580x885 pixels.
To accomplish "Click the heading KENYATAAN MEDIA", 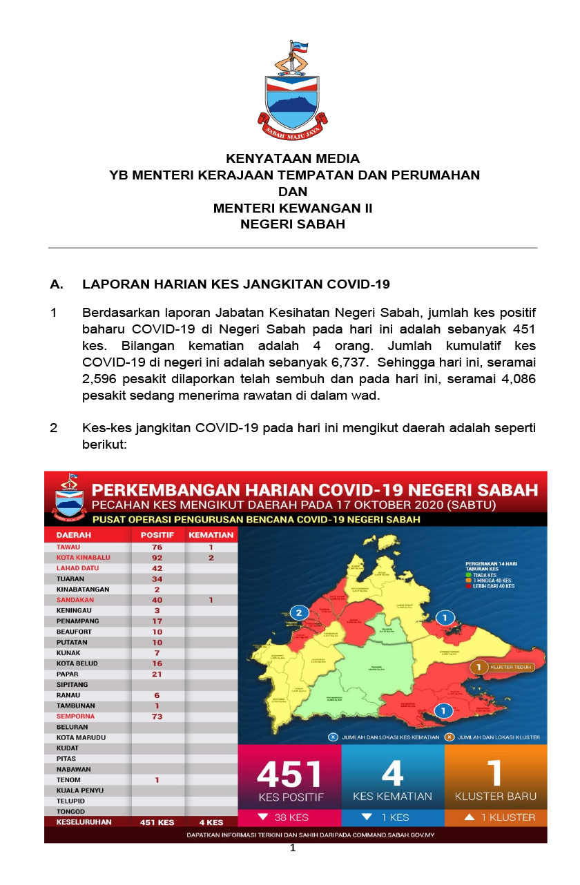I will click(x=293, y=159).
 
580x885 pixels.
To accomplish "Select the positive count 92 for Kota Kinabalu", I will click(x=157, y=557).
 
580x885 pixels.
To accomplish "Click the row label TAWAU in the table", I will click(x=69, y=547).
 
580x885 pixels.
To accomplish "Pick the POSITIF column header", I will click(x=157, y=534).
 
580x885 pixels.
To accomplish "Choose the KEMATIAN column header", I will click(x=211, y=534).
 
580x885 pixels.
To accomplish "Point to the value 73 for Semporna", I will click(x=157, y=717).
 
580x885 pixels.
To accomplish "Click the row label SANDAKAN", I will click(x=75, y=600).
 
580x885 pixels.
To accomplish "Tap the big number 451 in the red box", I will click(x=289, y=775).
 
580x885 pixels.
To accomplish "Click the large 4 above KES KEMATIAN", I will click(x=392, y=773).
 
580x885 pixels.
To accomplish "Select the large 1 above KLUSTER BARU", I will click(x=494, y=773).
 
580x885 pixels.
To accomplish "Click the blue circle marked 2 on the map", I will click(x=299, y=612).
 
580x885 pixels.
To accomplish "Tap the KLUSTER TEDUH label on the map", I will click(x=510, y=668).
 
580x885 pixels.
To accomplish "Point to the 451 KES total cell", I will click(x=157, y=822).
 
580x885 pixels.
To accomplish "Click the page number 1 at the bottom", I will click(x=293, y=848).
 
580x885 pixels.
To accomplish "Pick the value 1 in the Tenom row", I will click(x=157, y=780).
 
